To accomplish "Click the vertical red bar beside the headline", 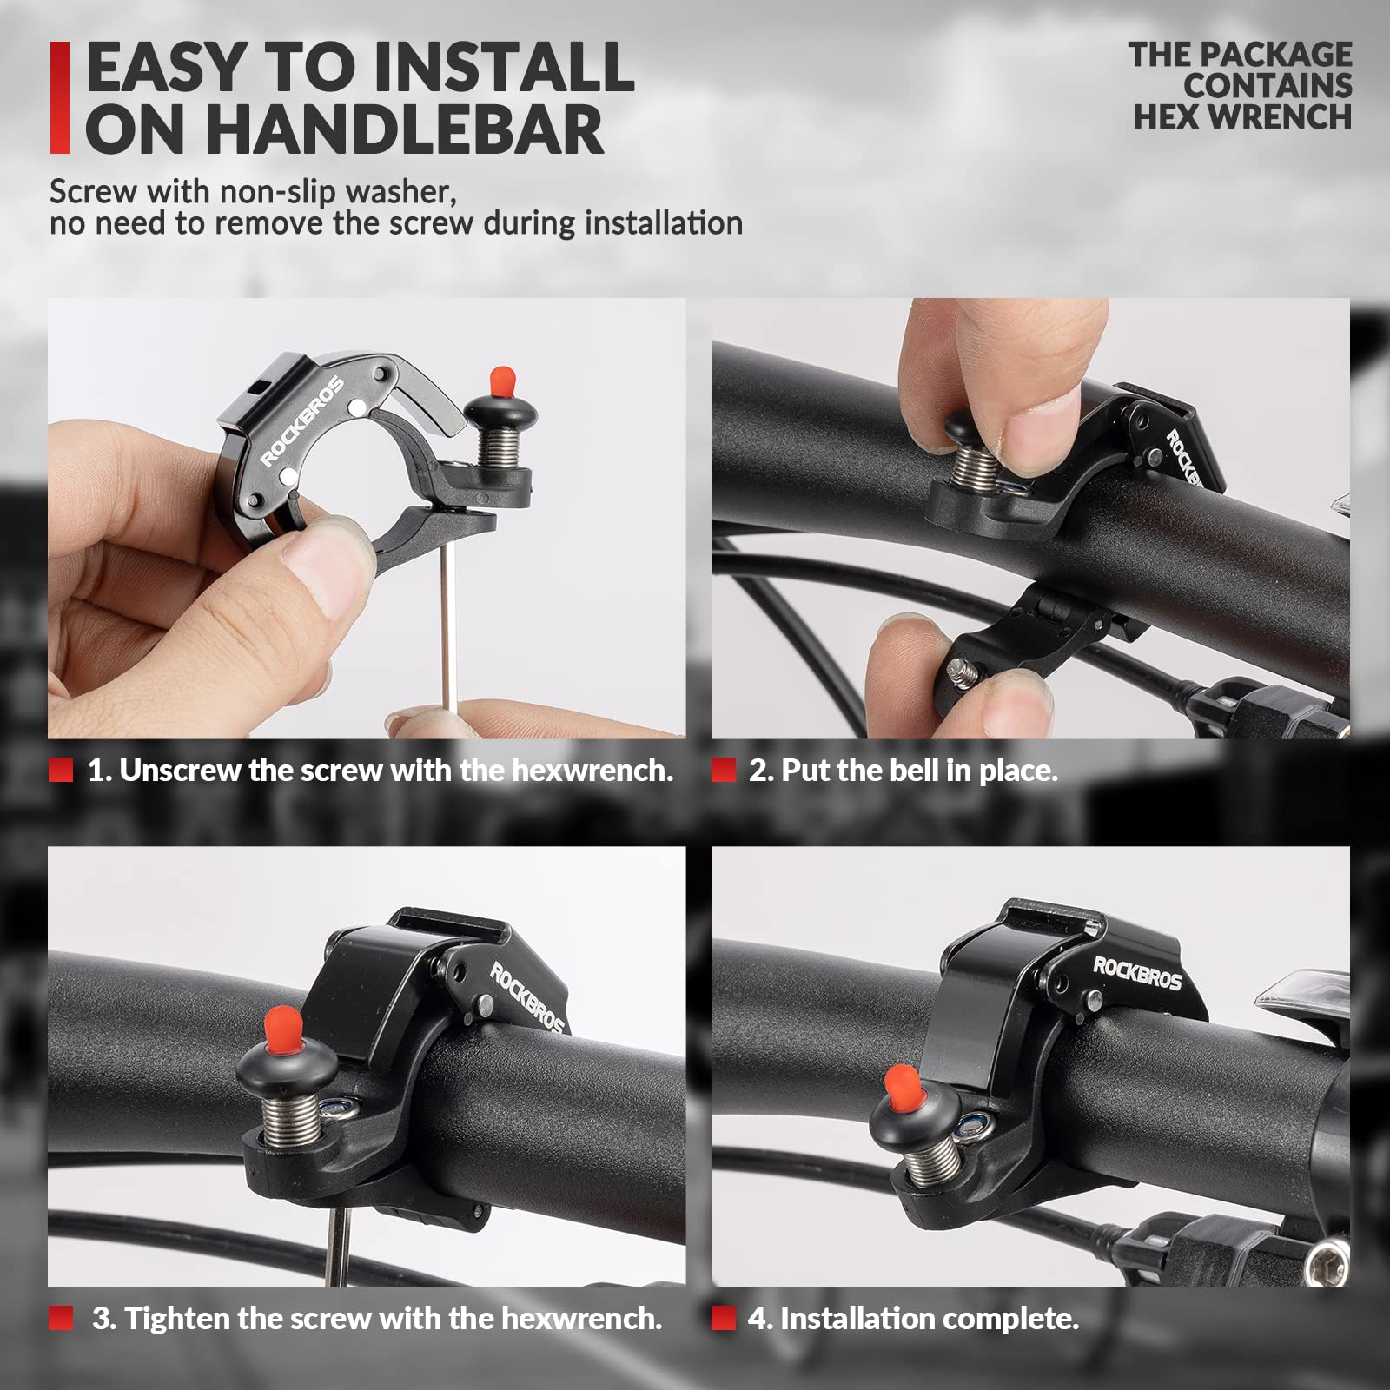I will pyautogui.click(x=59, y=97).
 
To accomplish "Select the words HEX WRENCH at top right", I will pyautogui.click(x=1242, y=116).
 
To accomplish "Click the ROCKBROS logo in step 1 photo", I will pyautogui.click(x=303, y=420).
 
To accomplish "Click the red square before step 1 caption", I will pyautogui.click(x=61, y=770).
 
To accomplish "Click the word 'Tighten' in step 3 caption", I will pyautogui.click(x=177, y=1319).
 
